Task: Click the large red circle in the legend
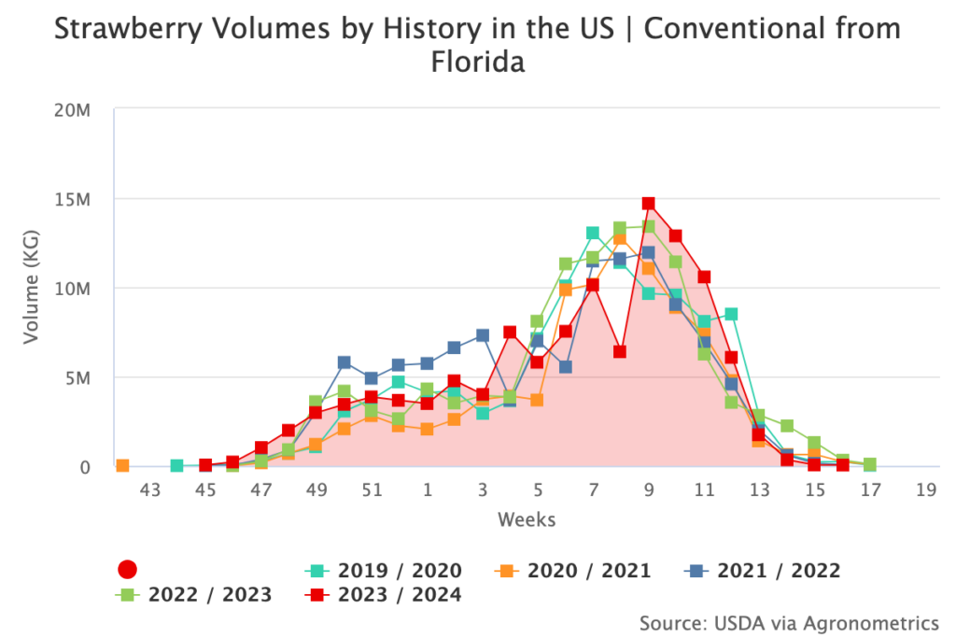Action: [128, 570]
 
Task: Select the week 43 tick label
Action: [151, 490]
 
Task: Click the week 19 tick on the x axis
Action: [925, 490]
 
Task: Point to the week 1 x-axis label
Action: [427, 490]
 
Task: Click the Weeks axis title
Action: [527, 518]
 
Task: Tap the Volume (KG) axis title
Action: [32, 288]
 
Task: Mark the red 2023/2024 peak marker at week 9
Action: [648, 204]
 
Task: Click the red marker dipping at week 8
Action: [620, 352]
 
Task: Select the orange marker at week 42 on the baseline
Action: [122, 465]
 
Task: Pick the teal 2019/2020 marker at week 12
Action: [731, 315]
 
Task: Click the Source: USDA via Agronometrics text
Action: [789, 622]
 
